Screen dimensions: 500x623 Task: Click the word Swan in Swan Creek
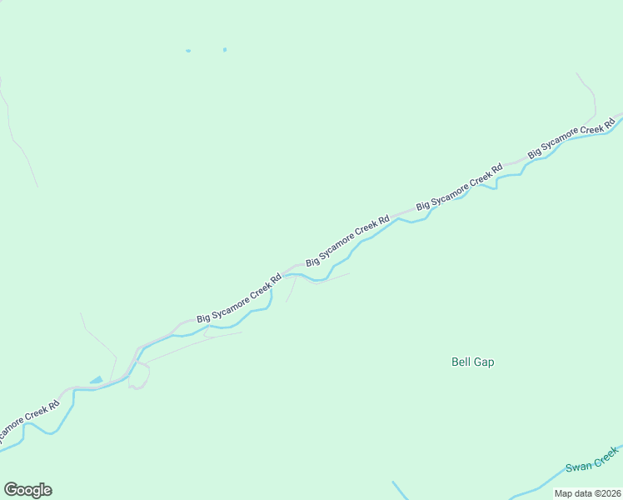click(577, 467)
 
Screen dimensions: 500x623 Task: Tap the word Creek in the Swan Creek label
click(606, 455)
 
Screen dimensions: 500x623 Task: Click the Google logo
click(27, 490)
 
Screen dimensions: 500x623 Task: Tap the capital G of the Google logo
click(10, 490)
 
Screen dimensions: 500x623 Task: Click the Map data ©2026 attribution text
click(587, 493)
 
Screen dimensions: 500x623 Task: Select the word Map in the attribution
click(563, 493)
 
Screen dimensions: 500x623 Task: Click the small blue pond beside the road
click(97, 380)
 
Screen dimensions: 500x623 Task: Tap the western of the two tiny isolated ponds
click(188, 51)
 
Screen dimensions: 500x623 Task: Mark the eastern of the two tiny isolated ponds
click(225, 49)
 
